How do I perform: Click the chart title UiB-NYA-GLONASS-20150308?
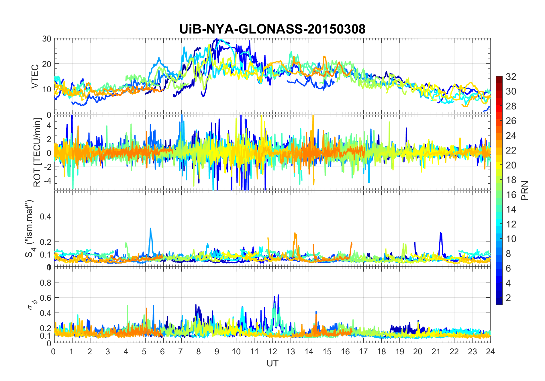[x=272, y=29]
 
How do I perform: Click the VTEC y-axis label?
[x=35, y=76]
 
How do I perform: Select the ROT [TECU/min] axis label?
[x=37, y=152]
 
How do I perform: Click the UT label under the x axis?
[x=272, y=363]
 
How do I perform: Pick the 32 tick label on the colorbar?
[x=511, y=76]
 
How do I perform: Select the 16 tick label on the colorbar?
[x=511, y=195]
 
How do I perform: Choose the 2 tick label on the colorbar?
[x=508, y=298]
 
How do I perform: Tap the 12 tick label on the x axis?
[x=272, y=351]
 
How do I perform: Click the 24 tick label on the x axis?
[x=490, y=351]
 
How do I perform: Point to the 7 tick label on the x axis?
[x=181, y=351]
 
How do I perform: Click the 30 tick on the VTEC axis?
[x=46, y=39]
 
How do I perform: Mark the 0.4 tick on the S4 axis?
[x=45, y=217]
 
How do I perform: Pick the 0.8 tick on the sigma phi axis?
[x=45, y=283]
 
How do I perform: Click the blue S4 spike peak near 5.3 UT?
[x=150, y=229]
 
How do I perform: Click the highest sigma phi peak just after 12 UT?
[x=278, y=295]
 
